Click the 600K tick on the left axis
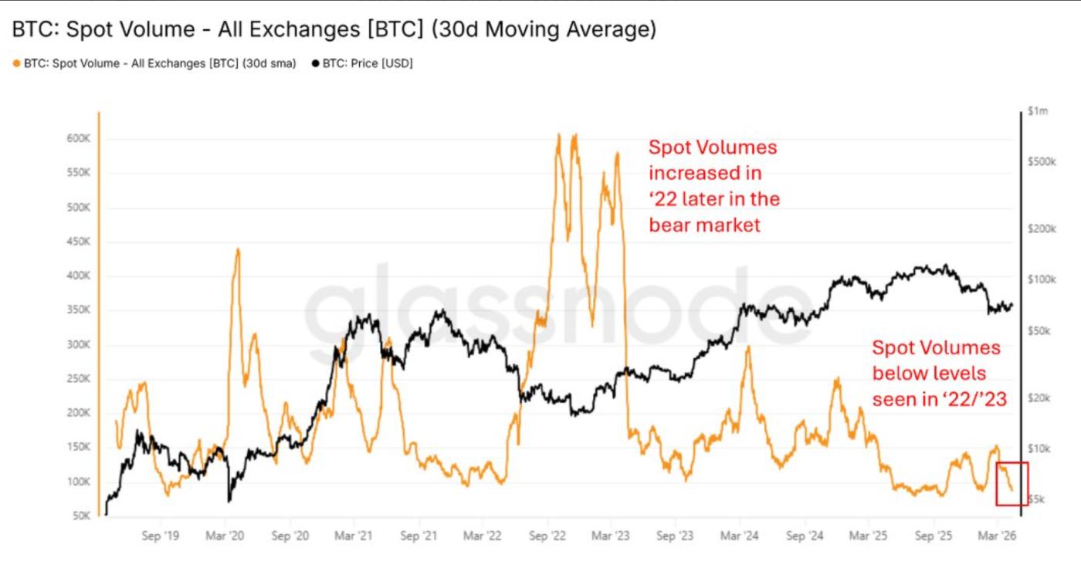[x=80, y=140]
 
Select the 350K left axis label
[x=80, y=310]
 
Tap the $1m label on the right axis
[x=1038, y=112]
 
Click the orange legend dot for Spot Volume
[x=16, y=64]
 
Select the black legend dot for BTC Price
[x=315, y=64]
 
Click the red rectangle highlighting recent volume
[x=1012, y=484]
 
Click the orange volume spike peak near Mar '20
[x=238, y=249]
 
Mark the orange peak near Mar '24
[x=747, y=348]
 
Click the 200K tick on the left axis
[x=80, y=413]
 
